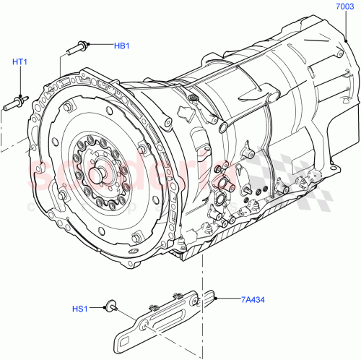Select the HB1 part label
coord(121,46)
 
